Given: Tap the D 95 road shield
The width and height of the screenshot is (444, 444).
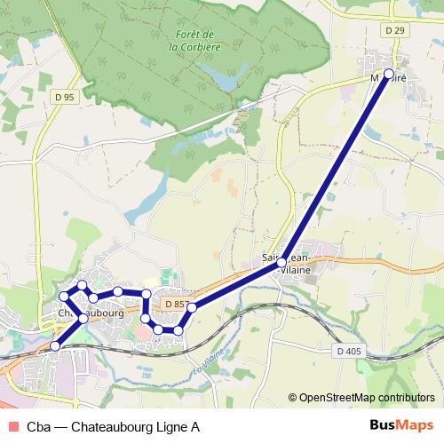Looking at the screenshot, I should tap(63, 98).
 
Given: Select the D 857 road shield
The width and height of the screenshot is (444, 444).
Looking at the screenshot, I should tap(177, 305).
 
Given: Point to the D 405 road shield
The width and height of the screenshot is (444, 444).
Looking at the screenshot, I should tap(349, 352).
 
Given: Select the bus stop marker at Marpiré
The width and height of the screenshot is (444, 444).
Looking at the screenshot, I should tap(388, 74).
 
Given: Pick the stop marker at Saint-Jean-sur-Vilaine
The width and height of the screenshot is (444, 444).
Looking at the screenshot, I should tap(281, 263).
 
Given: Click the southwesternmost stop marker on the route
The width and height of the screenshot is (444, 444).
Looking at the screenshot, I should tap(55, 346).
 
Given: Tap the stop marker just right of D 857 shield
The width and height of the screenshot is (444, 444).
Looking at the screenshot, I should tap(191, 307).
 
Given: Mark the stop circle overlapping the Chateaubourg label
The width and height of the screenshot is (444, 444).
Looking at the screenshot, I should tap(83, 317).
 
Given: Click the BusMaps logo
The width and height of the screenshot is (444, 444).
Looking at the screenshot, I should tap(401, 425).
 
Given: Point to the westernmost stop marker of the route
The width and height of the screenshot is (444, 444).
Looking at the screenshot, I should tap(64, 296).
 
